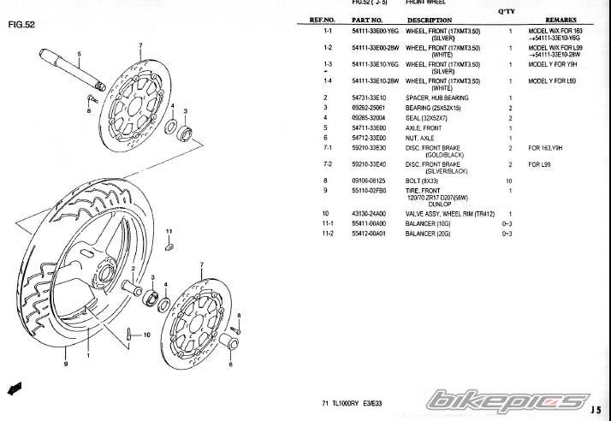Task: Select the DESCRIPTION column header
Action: [429, 20]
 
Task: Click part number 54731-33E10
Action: [369, 98]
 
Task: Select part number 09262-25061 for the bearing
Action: [369, 109]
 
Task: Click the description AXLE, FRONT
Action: [425, 127]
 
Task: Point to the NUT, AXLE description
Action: [423, 137]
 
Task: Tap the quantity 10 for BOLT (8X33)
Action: [509, 181]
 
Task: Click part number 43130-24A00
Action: [369, 213]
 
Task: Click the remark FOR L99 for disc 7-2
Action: [539, 163]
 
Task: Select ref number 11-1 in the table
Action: [327, 222]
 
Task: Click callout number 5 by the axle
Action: [78, 54]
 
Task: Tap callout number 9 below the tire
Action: [65, 365]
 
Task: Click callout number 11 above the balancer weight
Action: [169, 232]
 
